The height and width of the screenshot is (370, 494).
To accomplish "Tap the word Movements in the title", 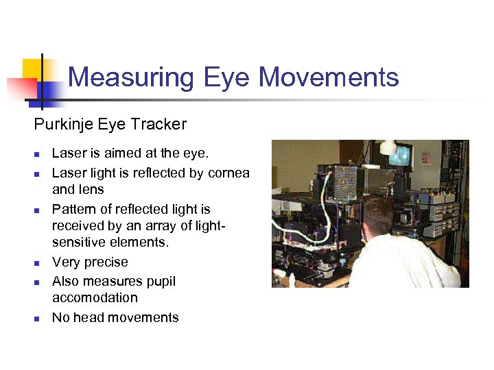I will point(329,77).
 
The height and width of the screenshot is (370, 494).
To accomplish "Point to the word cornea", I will point(228,173).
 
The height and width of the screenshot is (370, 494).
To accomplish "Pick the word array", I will point(153,225).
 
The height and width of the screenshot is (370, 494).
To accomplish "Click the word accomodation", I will point(95,298).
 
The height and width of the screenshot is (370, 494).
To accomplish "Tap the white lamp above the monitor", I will point(389,146).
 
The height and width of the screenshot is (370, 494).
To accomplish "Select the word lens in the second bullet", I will point(93,190).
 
